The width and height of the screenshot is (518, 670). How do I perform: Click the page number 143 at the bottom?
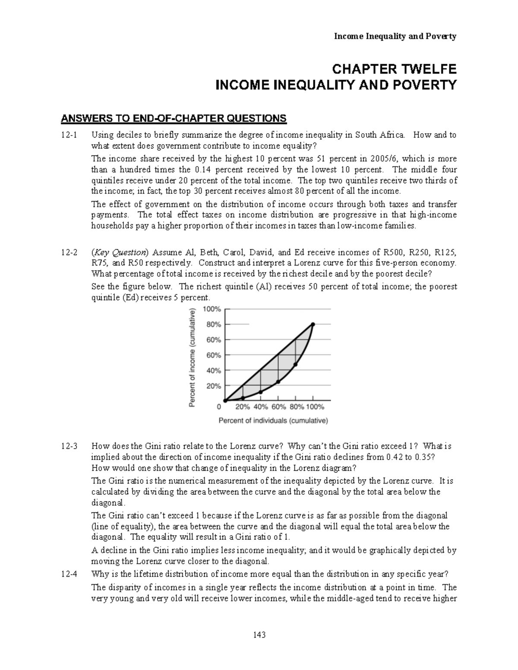[259, 635]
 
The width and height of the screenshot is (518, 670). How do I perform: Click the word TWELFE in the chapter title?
[423, 69]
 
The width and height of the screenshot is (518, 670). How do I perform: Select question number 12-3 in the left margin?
[69, 446]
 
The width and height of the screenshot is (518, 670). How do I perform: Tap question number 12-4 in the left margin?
[69, 574]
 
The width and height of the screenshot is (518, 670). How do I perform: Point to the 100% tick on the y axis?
[212, 309]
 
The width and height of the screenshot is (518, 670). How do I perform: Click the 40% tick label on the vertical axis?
[213, 370]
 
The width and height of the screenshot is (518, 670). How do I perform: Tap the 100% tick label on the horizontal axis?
[316, 407]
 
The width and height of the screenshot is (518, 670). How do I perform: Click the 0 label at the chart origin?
[219, 407]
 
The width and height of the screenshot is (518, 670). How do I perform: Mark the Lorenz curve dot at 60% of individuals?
[278, 382]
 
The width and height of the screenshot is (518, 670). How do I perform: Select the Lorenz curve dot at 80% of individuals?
[296, 365]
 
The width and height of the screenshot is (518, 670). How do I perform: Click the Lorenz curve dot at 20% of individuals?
[243, 398]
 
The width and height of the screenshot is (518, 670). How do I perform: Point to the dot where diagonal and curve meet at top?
[313, 324]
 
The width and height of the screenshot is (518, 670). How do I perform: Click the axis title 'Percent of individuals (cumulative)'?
[273, 421]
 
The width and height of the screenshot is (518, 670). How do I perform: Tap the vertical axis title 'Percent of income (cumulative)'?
[192, 357]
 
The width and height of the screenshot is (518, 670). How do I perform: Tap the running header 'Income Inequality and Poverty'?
[395, 37]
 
